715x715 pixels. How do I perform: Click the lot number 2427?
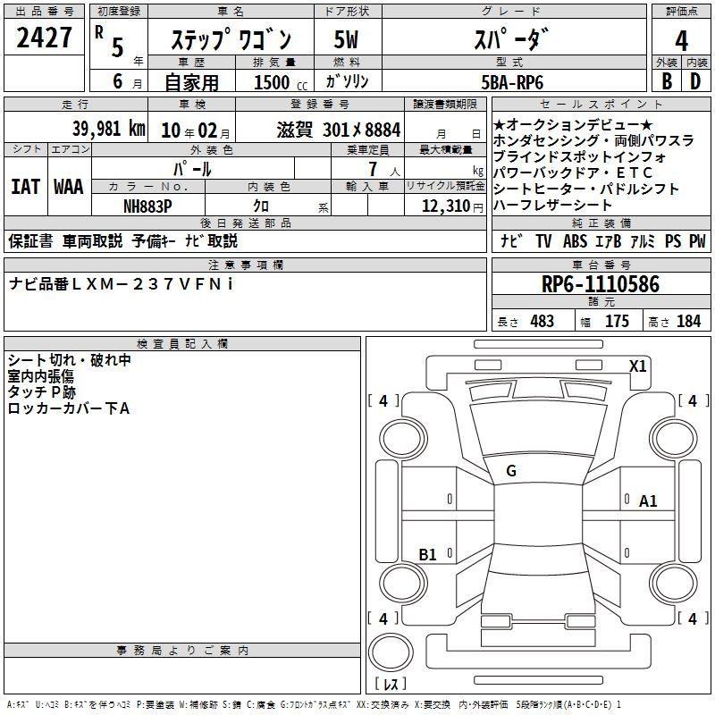click(44, 38)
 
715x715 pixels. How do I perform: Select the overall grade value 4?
click(681, 41)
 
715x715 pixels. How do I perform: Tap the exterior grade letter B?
click(667, 81)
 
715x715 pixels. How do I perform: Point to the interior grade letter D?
click(695, 81)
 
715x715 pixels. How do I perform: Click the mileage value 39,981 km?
click(109, 129)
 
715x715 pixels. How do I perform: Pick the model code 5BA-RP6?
click(512, 82)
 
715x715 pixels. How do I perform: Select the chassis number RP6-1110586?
click(600, 284)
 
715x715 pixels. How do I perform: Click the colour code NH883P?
click(147, 206)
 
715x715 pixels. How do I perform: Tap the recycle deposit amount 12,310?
click(446, 206)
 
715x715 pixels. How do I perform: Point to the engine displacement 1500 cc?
click(281, 82)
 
